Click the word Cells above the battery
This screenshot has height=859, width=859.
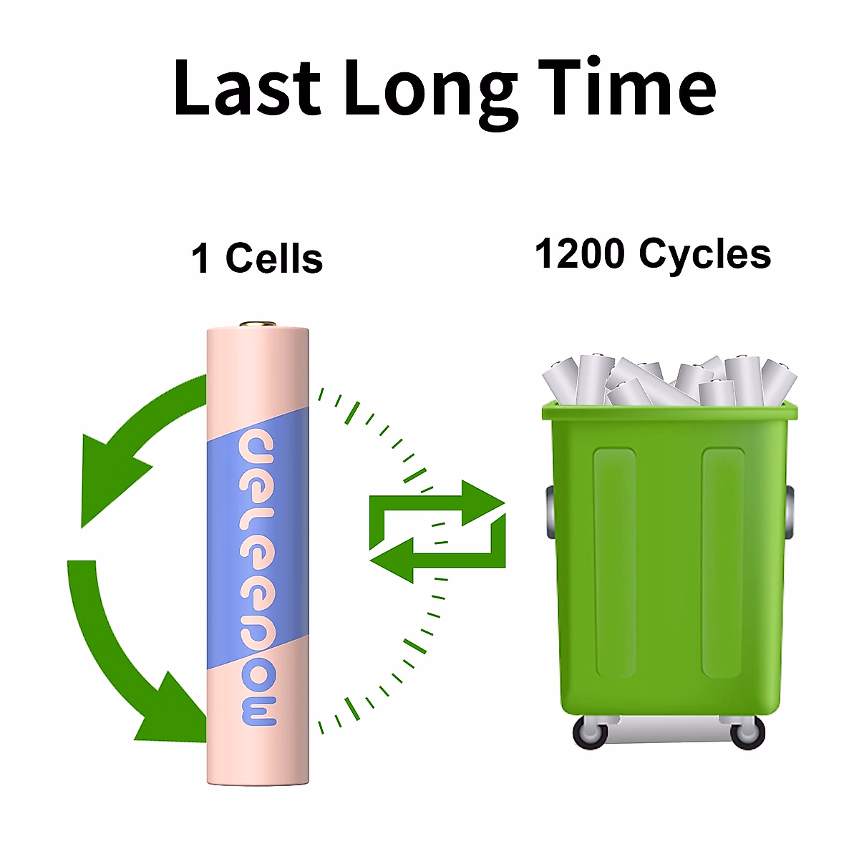(x=274, y=258)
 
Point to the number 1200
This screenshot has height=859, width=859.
(x=579, y=254)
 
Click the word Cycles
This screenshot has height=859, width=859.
(x=704, y=254)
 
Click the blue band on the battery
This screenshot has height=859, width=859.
(x=258, y=544)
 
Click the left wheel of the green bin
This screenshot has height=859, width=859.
(x=591, y=732)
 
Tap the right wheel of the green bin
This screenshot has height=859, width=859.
(x=747, y=732)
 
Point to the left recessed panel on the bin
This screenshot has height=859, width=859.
(x=614, y=562)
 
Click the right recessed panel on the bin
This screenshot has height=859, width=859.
(x=723, y=562)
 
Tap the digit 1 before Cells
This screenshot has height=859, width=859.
(x=201, y=259)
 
